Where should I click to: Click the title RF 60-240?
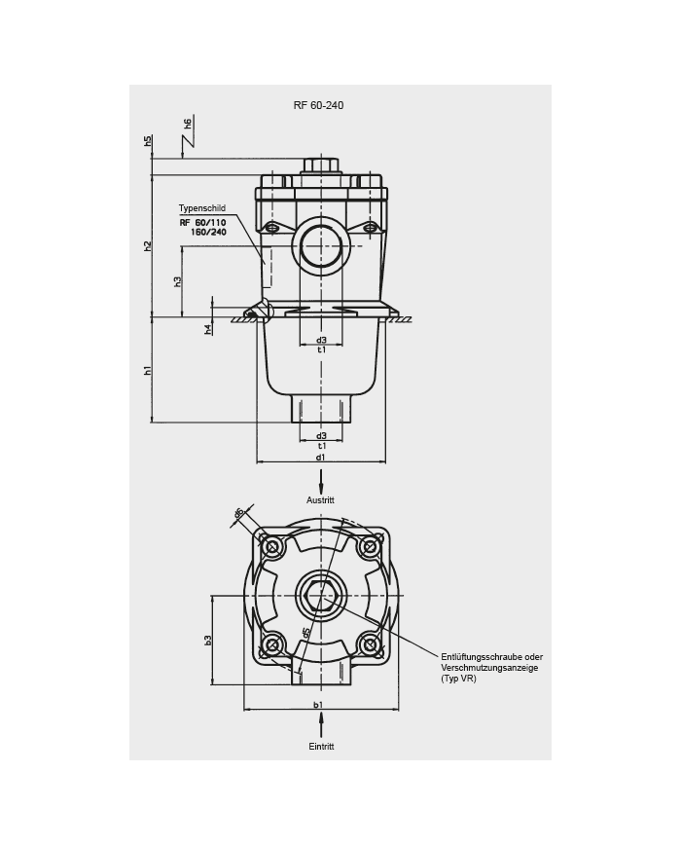pos(318,105)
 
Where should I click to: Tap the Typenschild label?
pos(202,208)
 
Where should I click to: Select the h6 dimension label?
pos(188,124)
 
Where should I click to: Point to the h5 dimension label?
pos(148,142)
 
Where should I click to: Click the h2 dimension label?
pos(148,246)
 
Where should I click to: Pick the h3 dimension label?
pos(177,281)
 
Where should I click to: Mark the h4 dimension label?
pos(208,329)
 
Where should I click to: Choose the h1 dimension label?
pos(148,370)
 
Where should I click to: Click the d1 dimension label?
pos(321,458)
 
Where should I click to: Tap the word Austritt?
pos(320,500)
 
